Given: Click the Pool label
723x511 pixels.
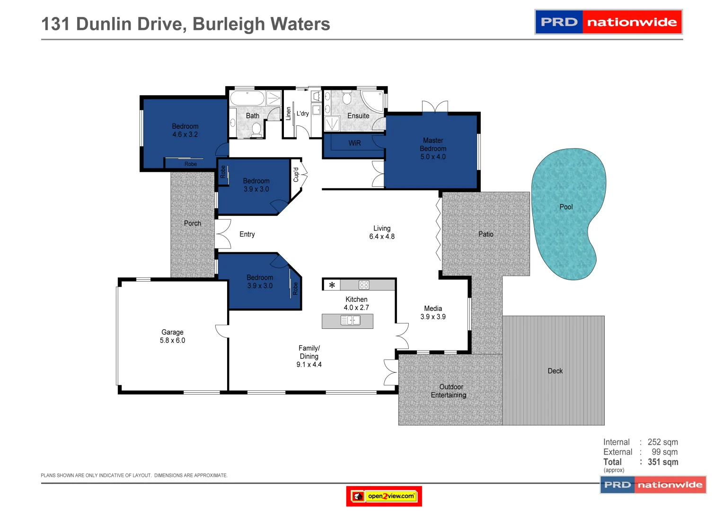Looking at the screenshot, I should pyautogui.click(x=566, y=207).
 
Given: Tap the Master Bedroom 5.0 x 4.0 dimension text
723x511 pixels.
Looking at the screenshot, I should pyautogui.click(x=433, y=157).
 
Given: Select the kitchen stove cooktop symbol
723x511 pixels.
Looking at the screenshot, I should pyautogui.click(x=363, y=285).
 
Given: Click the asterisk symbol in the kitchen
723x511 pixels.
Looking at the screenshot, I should pyautogui.click(x=332, y=285).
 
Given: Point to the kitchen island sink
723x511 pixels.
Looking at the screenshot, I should pyautogui.click(x=350, y=321).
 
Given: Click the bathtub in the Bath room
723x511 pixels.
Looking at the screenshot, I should pyautogui.click(x=247, y=98).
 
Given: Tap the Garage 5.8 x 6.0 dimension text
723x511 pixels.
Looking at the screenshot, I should pyautogui.click(x=172, y=341).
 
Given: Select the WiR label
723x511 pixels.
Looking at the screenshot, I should pyautogui.click(x=354, y=143).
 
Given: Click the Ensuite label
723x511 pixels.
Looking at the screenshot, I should pyautogui.click(x=358, y=116).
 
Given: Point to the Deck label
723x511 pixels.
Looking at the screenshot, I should pyautogui.click(x=555, y=371).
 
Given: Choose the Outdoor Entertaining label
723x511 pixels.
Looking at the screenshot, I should pyautogui.click(x=449, y=391).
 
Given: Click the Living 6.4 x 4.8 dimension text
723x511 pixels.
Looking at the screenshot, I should pyautogui.click(x=382, y=237).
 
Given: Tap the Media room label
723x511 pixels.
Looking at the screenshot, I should pyautogui.click(x=433, y=308).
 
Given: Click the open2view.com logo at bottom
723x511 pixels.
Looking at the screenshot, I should pyautogui.click(x=384, y=496).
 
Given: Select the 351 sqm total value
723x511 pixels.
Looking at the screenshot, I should pyautogui.click(x=663, y=462).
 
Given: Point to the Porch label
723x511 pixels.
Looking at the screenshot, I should pyautogui.click(x=192, y=223).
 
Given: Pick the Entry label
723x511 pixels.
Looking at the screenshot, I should pyautogui.click(x=247, y=234).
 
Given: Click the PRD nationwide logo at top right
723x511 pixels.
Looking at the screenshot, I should pyautogui.click(x=608, y=22).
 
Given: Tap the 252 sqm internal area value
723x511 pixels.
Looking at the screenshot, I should pyautogui.click(x=662, y=442).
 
